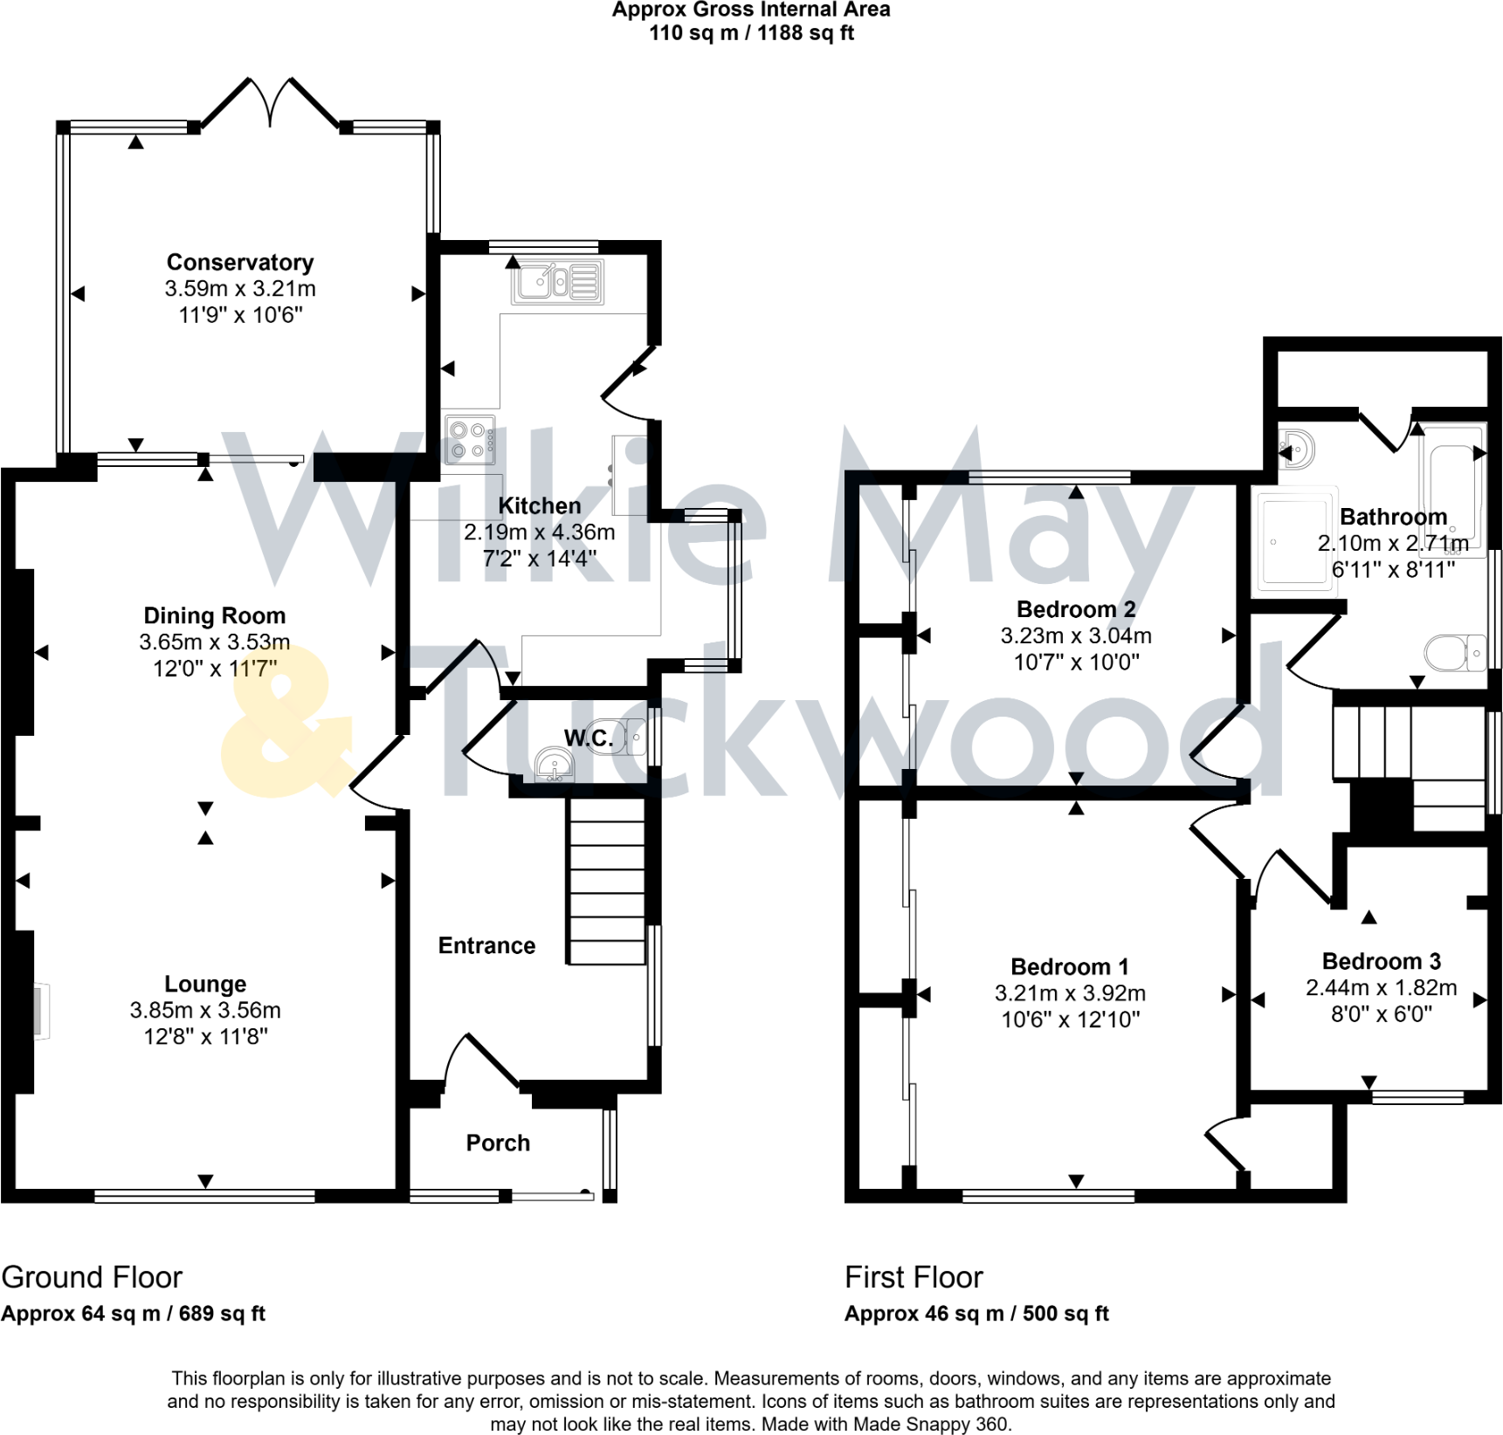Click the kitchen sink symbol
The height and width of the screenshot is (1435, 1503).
point(557,282)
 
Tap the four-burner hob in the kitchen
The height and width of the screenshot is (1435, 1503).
point(470,440)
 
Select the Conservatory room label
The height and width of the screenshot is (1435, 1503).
point(240,262)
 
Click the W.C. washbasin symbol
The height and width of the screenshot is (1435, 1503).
point(554,766)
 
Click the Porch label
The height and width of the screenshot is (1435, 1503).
point(498,1143)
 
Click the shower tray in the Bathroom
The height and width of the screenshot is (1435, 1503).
point(1294,541)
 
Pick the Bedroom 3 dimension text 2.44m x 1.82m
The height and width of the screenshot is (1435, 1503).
point(1381,987)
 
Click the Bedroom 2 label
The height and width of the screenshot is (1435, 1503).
point(1076,608)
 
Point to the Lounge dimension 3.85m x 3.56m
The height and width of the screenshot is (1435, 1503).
point(205,1010)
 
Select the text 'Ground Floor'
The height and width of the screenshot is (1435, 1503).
point(92,1277)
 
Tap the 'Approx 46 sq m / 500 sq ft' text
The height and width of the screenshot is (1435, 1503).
point(976,1313)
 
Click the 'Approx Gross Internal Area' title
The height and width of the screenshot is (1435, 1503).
point(750,10)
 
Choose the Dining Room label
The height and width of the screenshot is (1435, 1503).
point(214,615)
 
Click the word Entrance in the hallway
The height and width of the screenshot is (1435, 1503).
point(486,945)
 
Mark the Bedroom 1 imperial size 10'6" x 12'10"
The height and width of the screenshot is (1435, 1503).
point(1070,1019)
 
